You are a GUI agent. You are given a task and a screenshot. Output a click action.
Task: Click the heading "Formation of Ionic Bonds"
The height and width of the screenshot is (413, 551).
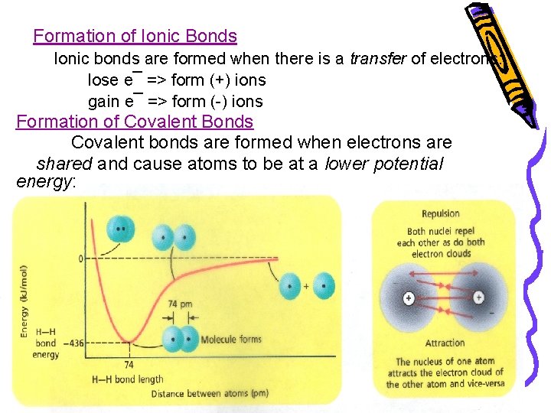[135, 36]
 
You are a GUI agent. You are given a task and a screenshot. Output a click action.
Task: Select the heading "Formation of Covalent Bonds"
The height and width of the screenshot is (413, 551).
[135, 122]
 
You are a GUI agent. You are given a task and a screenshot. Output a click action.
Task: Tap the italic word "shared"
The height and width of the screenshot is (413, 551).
[64, 164]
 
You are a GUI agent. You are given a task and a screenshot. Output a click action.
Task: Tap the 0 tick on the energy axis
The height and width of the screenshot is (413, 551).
[80, 259]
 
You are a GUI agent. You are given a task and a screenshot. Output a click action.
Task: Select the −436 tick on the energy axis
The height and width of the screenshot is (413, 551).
[74, 343]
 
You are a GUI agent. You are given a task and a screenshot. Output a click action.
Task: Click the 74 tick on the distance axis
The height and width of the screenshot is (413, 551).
[129, 365]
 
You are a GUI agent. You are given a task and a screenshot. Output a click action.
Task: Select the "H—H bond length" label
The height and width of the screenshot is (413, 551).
[127, 379]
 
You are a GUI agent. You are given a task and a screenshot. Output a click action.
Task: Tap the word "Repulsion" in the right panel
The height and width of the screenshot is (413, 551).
[440, 213]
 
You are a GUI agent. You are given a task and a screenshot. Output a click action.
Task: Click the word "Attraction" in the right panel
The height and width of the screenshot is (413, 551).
[445, 343]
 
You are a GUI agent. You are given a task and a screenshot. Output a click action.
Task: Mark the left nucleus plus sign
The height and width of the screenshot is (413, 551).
[409, 298]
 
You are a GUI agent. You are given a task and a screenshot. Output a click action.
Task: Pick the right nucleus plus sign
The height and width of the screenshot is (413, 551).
[478, 298]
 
